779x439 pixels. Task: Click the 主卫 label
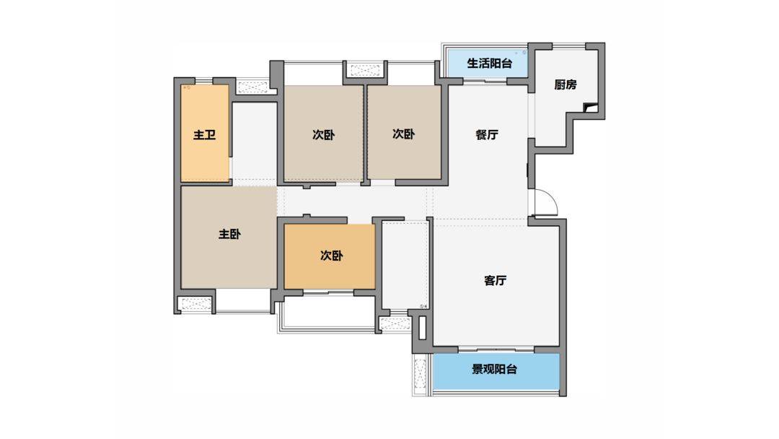click(x=205, y=135)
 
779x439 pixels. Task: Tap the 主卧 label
click(x=229, y=234)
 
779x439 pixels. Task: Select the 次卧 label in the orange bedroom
click(x=331, y=256)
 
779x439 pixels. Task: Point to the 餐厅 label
click(x=487, y=135)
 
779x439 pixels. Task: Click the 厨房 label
click(x=565, y=85)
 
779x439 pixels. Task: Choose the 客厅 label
click(x=496, y=280)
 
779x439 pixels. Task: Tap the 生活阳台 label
click(x=489, y=64)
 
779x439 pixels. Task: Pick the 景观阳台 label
click(x=494, y=370)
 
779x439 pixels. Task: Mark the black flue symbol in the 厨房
click(x=590, y=107)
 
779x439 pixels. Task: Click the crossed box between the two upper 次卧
click(x=365, y=70)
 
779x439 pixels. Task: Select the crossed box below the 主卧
click(x=195, y=304)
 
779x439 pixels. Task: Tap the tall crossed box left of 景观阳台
click(x=421, y=374)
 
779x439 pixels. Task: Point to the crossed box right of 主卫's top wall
click(x=252, y=87)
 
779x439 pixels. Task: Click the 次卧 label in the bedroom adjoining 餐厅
click(x=403, y=134)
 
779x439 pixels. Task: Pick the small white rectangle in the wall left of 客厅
click(x=422, y=328)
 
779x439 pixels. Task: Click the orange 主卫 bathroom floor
click(x=205, y=134)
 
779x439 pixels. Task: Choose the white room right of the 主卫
click(x=255, y=142)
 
